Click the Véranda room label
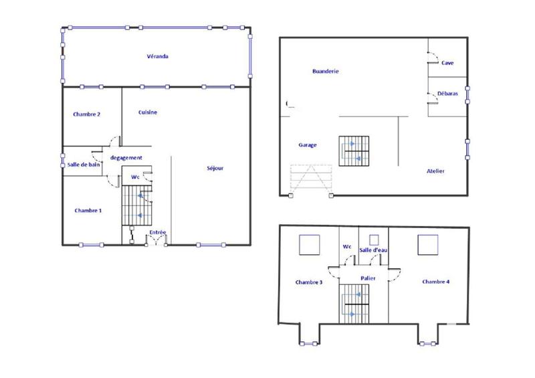coord(157,57)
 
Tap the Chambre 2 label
coord(86,114)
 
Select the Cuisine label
coord(148,112)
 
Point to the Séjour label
coord(215,168)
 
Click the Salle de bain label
coord(84,165)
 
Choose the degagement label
coord(126,158)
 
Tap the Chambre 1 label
coord(88,211)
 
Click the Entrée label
coord(158,232)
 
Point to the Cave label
coord(447,63)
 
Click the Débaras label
coord(447,94)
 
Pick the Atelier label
coord(435,171)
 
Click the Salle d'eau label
coord(374,250)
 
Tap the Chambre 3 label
coord(308,282)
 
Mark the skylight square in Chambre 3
coord(309,245)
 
